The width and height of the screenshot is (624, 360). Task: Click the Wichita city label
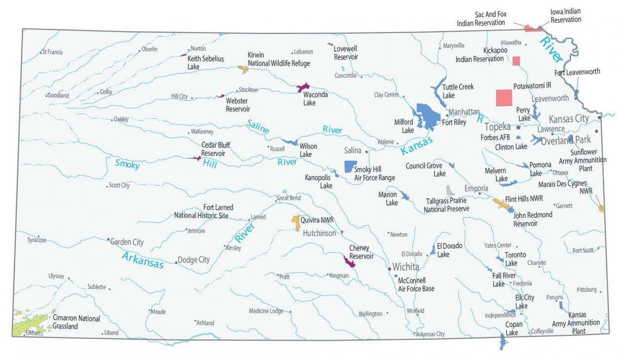pos(406,267)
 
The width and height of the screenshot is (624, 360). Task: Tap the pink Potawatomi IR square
pos(504,98)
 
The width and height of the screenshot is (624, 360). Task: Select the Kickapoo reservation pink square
pos(516,61)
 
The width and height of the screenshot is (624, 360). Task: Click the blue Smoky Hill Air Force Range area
pos(350,166)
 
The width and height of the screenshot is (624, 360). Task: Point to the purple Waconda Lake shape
pos(302,88)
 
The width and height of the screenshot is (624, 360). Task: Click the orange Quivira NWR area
pos(296,222)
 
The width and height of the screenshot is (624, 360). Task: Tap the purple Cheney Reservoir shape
pos(349,261)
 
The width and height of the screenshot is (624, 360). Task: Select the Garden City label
pos(127,242)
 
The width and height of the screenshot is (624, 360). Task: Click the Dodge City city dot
pos(176,262)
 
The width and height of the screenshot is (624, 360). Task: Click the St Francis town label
pos(52,52)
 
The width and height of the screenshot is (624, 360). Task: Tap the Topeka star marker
pos(518,127)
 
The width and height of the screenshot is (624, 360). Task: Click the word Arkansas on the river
pos(142,260)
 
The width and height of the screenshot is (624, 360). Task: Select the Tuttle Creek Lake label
pos(458,91)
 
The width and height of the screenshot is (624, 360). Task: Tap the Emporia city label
pos(476,188)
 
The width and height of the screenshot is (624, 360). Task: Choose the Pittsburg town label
pos(587,289)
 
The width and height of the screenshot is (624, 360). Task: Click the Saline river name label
pos(258,127)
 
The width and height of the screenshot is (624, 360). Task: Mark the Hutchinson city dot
pos(342,232)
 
